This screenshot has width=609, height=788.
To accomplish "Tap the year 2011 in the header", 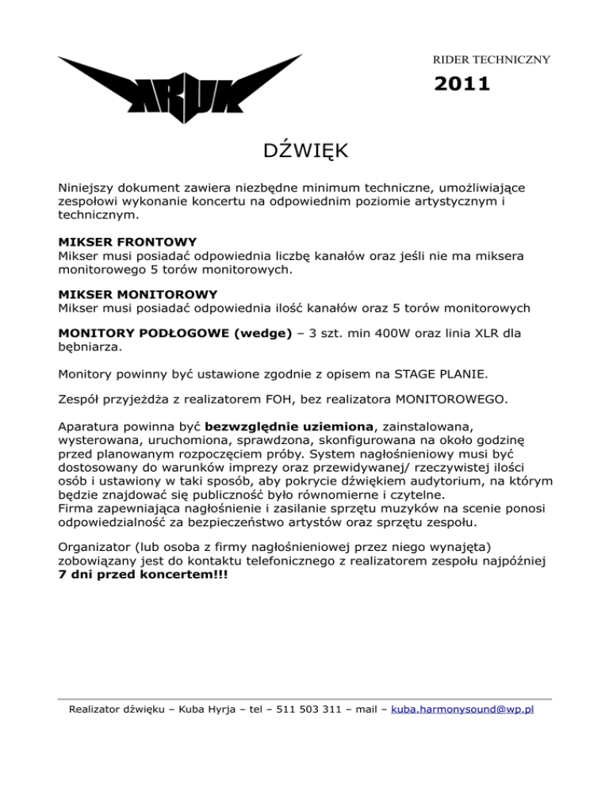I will (462, 83).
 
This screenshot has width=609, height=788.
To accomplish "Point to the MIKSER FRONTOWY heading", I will (128, 241).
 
